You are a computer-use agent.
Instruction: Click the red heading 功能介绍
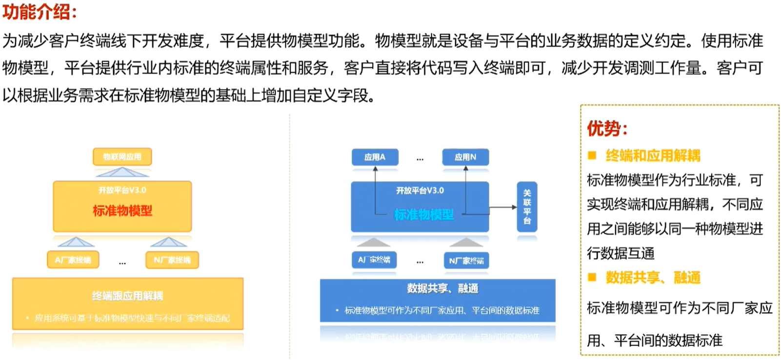pyautogui.click(x=39, y=12)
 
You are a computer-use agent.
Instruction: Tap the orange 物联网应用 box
pyautogui.click(x=122, y=157)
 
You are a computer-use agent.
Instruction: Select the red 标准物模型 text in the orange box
pyautogui.click(x=122, y=211)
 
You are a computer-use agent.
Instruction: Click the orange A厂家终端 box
pyautogui.click(x=73, y=260)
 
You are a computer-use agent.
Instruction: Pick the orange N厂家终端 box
pyautogui.click(x=172, y=260)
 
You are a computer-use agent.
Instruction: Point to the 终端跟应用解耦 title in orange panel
pyautogui.click(x=127, y=296)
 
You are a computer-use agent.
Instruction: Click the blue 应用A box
pyautogui.click(x=375, y=157)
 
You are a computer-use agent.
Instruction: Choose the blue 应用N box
pyautogui.click(x=465, y=157)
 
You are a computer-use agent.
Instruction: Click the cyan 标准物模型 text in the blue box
pyautogui.click(x=423, y=215)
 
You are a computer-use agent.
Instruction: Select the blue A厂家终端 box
pyautogui.click(x=374, y=260)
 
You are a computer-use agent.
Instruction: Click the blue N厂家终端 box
pyautogui.click(x=466, y=260)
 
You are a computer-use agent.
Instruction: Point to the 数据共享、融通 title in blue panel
pyautogui.click(x=442, y=288)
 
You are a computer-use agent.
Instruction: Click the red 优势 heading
pyautogui.click(x=607, y=128)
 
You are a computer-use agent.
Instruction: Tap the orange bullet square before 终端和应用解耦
pyautogui.click(x=592, y=156)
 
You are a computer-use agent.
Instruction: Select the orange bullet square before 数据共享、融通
pyautogui.click(x=592, y=278)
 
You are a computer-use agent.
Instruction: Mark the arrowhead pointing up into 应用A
pyautogui.click(x=375, y=169)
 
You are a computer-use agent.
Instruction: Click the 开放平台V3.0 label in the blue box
pyautogui.click(x=420, y=190)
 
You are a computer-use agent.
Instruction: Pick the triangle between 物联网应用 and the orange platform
pyautogui.click(x=122, y=172)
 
